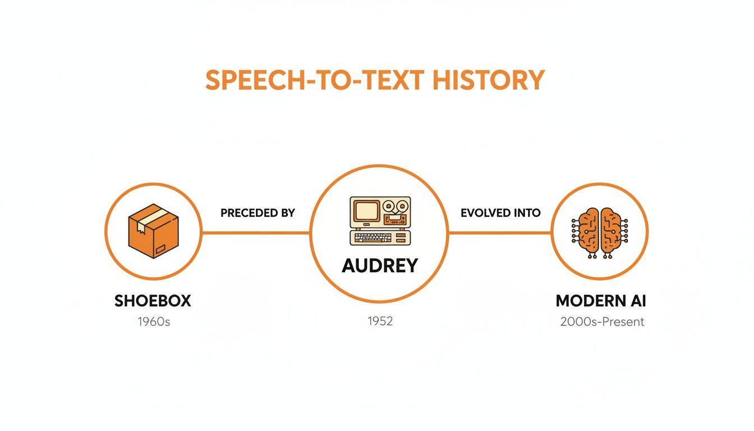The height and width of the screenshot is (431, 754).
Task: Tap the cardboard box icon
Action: coord(153,231)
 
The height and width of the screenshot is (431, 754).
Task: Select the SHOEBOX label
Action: coord(153,301)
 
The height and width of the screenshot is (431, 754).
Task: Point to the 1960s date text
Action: coord(153,322)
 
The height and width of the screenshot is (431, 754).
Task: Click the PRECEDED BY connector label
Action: coord(258,213)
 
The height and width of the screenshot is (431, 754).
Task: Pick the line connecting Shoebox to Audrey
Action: coord(255,231)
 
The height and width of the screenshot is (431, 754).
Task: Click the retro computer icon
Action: coord(380,221)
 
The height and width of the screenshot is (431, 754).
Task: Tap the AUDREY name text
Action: coord(380,265)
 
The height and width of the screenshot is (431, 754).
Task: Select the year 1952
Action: coord(380,322)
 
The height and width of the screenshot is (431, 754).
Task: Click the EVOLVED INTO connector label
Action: coord(500,213)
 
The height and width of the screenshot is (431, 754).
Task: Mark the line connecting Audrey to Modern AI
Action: coord(500,231)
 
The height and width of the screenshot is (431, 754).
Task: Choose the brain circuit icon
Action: coord(600,232)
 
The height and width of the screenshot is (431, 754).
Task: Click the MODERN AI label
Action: coord(601,301)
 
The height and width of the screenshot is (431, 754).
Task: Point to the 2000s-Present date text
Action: coord(602,322)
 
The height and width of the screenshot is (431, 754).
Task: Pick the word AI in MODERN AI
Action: coord(636,301)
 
